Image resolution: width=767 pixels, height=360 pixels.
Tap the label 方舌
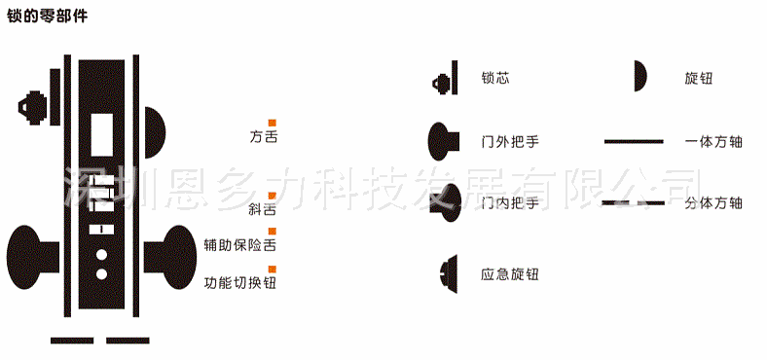[264, 137]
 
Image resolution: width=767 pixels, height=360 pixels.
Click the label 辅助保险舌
[240, 245]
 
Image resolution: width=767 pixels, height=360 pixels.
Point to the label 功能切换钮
[240, 283]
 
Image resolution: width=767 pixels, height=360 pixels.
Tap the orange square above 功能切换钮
[273, 268]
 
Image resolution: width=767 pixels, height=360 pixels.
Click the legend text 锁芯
[495, 78]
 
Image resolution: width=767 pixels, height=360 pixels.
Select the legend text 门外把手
[510, 141]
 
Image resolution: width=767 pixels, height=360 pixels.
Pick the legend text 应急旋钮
[510, 274]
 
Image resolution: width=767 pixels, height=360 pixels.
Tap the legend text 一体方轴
[713, 141]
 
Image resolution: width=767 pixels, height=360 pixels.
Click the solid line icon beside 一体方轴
[634, 142]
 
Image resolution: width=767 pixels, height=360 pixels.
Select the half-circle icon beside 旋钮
[640, 76]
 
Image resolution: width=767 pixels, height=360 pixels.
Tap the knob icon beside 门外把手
[443, 141]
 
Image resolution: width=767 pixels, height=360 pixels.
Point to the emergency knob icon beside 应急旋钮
[448, 274]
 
